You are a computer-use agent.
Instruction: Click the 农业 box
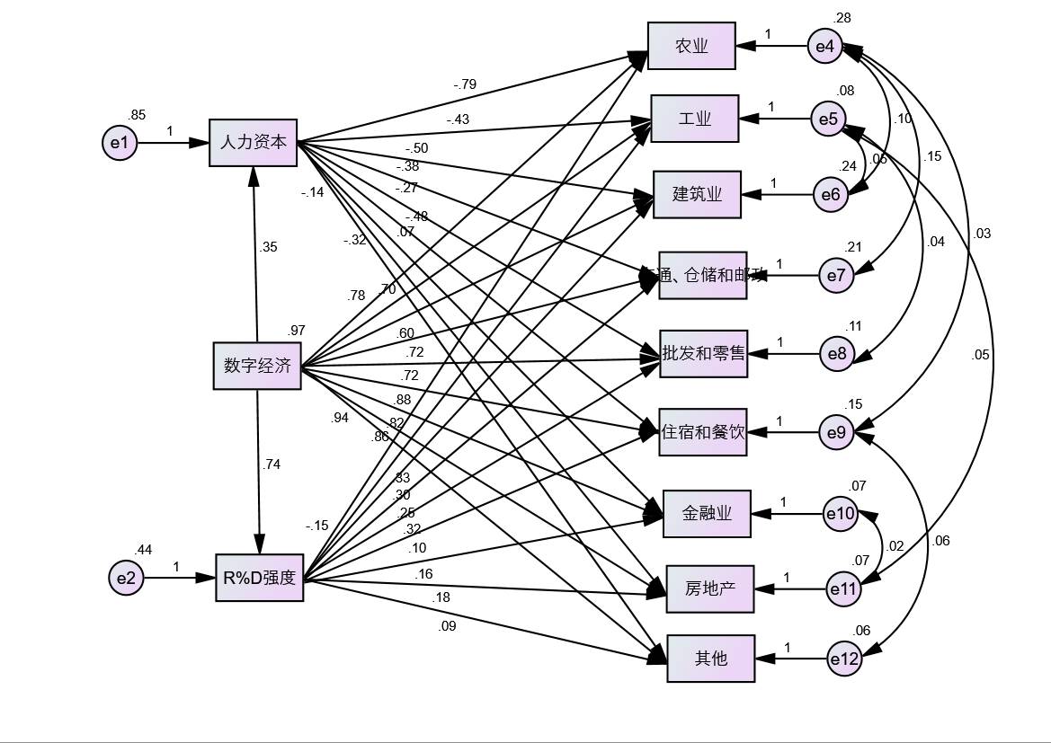click(691, 46)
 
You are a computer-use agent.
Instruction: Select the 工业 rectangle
click(695, 118)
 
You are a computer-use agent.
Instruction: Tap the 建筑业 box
click(698, 194)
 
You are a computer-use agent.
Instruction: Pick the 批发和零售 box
click(703, 353)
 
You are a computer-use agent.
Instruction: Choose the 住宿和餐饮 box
click(703, 432)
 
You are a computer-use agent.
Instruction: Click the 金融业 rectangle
click(707, 514)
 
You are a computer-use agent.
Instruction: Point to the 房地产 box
click(710, 589)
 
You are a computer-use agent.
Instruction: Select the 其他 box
click(711, 658)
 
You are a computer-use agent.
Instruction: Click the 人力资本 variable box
click(254, 142)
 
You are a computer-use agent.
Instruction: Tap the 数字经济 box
click(258, 366)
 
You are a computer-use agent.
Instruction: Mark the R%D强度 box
click(260, 578)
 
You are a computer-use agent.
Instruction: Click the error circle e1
click(120, 143)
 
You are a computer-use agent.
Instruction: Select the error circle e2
click(126, 578)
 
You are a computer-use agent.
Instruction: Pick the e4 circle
click(824, 47)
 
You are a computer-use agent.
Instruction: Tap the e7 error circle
click(836, 275)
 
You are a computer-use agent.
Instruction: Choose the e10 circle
click(842, 514)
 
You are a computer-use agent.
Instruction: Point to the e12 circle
click(844, 659)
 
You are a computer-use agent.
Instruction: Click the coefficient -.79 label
click(465, 85)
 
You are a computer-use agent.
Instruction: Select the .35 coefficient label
click(268, 248)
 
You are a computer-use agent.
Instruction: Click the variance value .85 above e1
click(137, 115)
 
